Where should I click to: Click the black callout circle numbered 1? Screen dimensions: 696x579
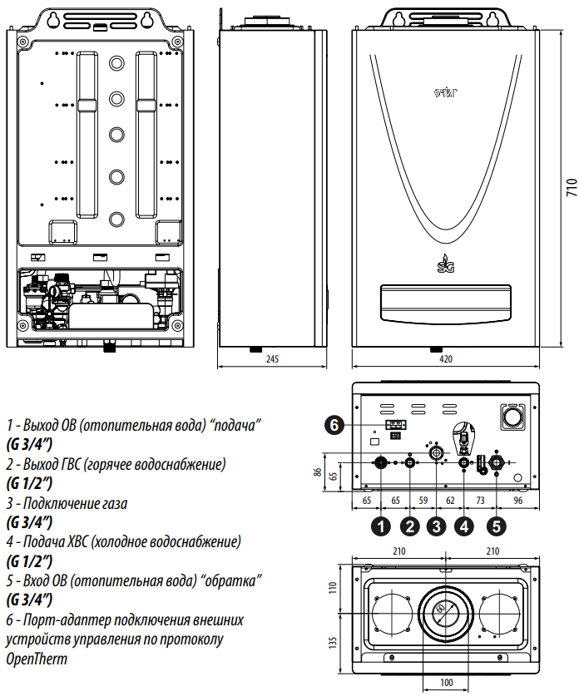381,526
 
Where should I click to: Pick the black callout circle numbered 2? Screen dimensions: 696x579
409,526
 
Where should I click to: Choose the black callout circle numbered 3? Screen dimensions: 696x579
437,526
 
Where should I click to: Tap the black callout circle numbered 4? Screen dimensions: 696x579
465,526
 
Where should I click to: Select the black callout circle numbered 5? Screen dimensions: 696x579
497,526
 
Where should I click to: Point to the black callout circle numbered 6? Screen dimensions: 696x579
334,425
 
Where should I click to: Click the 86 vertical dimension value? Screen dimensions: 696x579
318,471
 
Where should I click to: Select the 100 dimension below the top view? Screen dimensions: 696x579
447,683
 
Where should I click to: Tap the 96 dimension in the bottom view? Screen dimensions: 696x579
517,501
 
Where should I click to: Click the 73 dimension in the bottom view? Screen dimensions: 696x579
480,501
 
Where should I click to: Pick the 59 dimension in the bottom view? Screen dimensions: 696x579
423,501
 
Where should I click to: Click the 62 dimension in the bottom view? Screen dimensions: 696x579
450,501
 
